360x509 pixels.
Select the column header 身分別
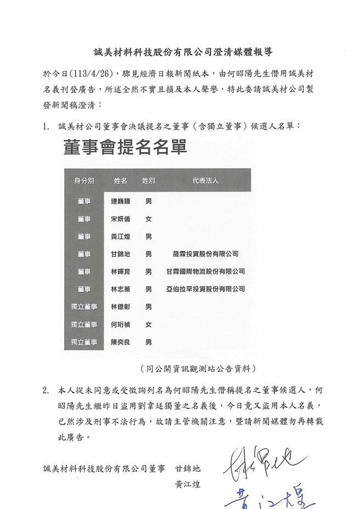tap(84, 181)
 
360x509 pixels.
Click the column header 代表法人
tap(205, 181)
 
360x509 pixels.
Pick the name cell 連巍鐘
tap(120, 202)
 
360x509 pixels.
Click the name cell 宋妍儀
tap(120, 219)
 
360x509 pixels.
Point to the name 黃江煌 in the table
tap(120, 237)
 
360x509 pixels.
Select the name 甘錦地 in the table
tap(120, 254)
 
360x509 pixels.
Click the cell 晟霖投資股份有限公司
tap(205, 254)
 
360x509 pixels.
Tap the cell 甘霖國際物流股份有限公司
tap(205, 271)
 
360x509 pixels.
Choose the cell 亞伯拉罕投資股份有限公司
tap(205, 289)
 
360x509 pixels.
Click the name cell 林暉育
tap(120, 271)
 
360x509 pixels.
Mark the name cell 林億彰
tap(120, 306)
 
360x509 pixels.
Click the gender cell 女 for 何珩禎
tap(148, 324)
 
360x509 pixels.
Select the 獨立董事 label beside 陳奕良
tap(84, 342)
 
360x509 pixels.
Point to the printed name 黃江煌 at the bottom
tap(187, 484)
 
